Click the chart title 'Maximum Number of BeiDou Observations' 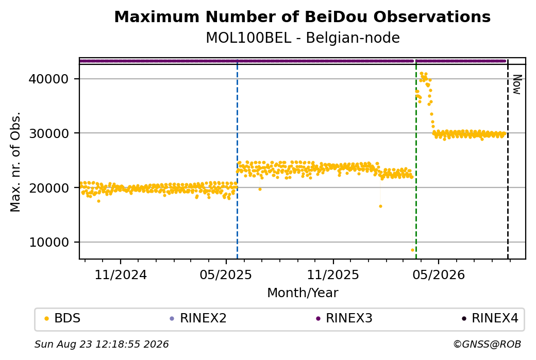pos(302,16)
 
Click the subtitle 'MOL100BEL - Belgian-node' pos(303,38)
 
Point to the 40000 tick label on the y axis pos(49,79)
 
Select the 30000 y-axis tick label pos(49,133)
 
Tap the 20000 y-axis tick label pos(49,187)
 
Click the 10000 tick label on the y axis pos(49,242)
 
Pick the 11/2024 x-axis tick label pos(120,275)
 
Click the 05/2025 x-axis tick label pos(226,275)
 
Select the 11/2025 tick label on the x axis pos(333,275)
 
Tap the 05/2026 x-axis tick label pos(439,275)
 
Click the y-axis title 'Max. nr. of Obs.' pos(15,162)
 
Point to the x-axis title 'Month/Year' pos(303,293)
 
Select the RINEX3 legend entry pos(344,318)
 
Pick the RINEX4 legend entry pos(490,318)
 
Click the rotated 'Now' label pos(517,84)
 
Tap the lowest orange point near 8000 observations pos(412,250)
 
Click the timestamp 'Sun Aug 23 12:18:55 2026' pos(102,344)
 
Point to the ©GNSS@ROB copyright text pos(487,344)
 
